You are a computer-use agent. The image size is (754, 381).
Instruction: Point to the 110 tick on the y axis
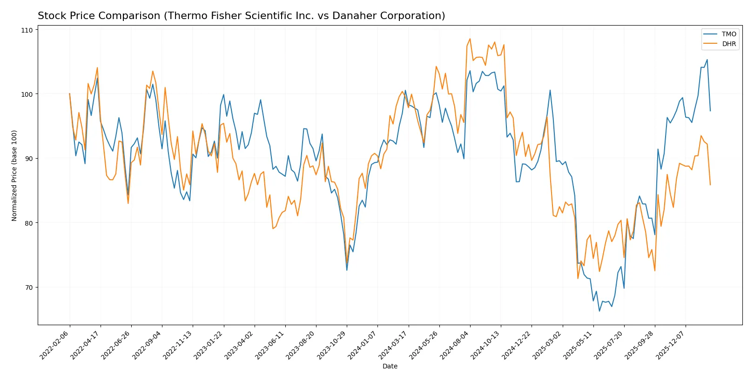tap(27, 30)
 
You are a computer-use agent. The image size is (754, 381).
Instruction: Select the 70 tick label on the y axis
tap(29, 287)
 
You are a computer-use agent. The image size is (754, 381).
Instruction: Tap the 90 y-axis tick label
tap(29, 159)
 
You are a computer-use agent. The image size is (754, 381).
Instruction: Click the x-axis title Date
tap(390, 366)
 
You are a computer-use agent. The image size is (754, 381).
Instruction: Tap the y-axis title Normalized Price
tap(14, 175)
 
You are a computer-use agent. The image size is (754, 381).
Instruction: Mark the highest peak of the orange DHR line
tap(470, 39)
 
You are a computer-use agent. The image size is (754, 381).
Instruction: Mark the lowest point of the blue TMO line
tap(599, 311)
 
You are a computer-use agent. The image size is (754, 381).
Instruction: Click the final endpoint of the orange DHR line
tap(710, 185)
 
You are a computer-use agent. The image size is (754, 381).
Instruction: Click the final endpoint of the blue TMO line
tap(710, 111)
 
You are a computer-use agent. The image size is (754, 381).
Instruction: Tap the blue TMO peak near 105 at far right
tap(707, 60)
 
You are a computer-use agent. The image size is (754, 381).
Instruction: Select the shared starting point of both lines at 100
tap(70, 94)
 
